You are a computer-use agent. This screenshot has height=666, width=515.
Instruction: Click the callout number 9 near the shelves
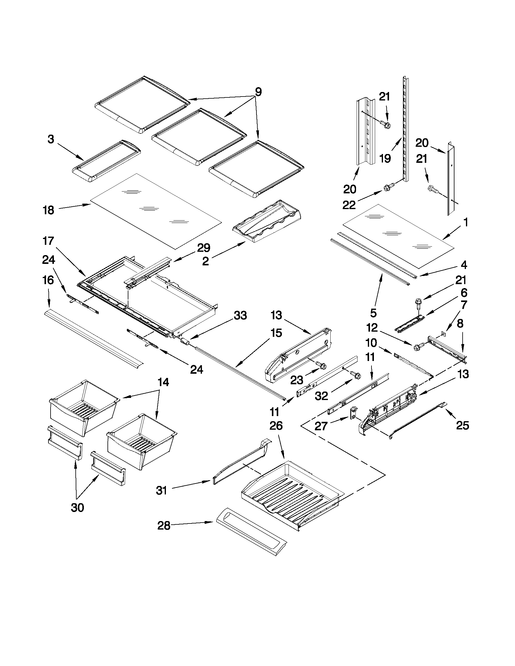pyautogui.click(x=258, y=92)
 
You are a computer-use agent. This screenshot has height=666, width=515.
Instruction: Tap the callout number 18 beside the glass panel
pyautogui.click(x=48, y=210)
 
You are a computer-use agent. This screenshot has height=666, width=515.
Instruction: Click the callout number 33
pyautogui.click(x=240, y=315)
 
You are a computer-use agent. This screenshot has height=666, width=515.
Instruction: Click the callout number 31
pyautogui.click(x=161, y=491)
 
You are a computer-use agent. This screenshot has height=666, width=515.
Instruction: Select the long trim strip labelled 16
pyautogui.click(x=93, y=337)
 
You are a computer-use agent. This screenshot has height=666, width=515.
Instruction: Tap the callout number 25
pyautogui.click(x=462, y=425)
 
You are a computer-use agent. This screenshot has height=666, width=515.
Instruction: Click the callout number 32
pyautogui.click(x=321, y=396)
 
